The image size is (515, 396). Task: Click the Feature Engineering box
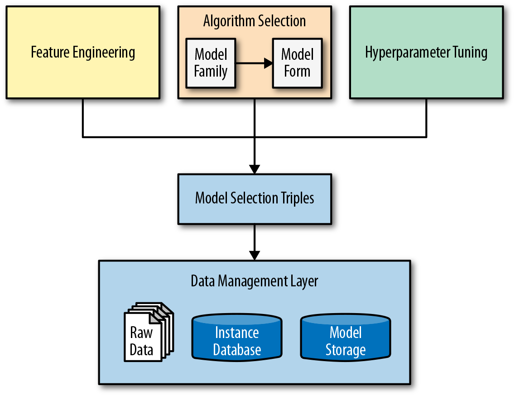click(82, 52)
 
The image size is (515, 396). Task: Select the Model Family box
click(211, 63)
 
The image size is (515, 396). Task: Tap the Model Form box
click(297, 63)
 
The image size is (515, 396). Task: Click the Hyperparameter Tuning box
click(426, 52)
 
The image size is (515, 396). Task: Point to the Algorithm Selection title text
click(254, 21)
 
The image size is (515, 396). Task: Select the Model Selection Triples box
click(255, 198)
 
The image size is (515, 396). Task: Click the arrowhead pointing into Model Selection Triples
click(255, 169)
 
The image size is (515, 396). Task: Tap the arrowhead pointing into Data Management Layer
click(255, 255)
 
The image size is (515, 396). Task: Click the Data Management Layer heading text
click(255, 281)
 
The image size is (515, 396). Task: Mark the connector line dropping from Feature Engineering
click(82, 118)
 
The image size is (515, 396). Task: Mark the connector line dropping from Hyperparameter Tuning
click(426, 118)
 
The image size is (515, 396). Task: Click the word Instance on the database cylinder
click(237, 333)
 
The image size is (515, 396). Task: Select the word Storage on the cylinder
click(345, 350)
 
